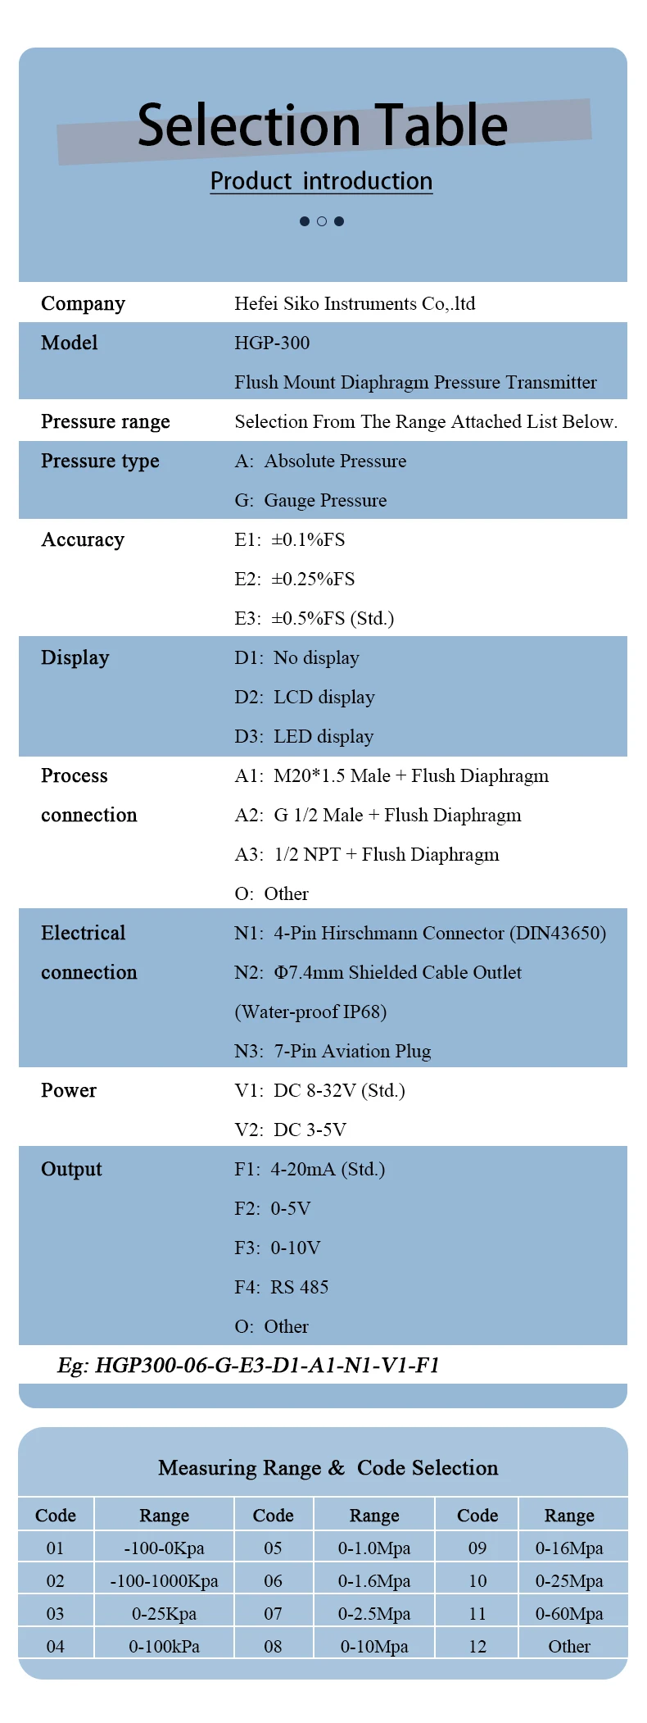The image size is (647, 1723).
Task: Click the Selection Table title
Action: [x=323, y=126]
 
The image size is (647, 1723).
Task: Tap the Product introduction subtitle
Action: [x=321, y=181]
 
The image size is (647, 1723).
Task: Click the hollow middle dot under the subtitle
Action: [x=322, y=221]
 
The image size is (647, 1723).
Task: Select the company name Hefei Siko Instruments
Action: [x=354, y=303]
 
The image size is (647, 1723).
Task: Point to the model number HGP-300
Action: [x=272, y=343]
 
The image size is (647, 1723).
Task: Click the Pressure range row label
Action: [x=106, y=421]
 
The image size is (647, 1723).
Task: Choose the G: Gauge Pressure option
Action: [x=310, y=500]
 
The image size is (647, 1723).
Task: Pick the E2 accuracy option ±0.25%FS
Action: [x=295, y=579]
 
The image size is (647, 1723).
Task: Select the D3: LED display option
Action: [x=304, y=736]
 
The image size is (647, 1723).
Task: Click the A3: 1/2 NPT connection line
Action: [x=366, y=854]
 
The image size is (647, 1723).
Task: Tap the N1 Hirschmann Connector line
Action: [x=419, y=933]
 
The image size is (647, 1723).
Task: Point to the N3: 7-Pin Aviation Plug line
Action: [x=333, y=1051]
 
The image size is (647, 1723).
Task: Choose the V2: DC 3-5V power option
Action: [x=290, y=1130]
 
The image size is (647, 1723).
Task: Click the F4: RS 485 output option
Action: [x=281, y=1287]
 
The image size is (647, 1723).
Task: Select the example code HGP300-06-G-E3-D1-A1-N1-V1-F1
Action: [x=248, y=1365]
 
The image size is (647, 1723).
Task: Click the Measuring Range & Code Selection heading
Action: [x=328, y=1467]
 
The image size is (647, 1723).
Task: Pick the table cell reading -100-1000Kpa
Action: [x=164, y=1580]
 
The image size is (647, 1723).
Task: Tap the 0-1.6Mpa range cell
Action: [x=374, y=1580]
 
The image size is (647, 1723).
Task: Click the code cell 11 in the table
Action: [x=477, y=1613]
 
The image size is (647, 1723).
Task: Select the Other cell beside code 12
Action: [x=569, y=1646]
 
